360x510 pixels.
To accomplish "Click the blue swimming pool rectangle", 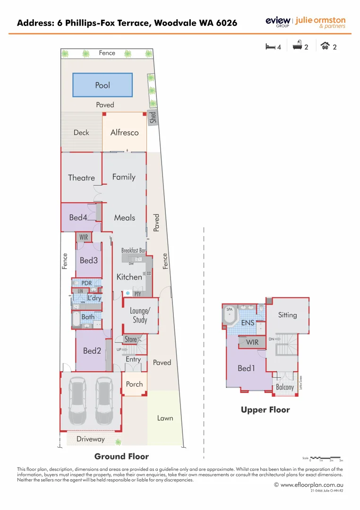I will [x=103, y=85].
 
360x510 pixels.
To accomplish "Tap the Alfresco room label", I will [x=125, y=133].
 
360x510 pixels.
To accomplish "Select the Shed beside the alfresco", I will [x=153, y=117].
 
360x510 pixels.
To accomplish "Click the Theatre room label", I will [x=81, y=178].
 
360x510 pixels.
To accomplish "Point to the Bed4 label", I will [x=78, y=218].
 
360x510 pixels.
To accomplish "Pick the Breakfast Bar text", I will [x=133, y=250].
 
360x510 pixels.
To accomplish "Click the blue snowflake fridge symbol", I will [x=127, y=294].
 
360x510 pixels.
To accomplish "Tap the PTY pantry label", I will [x=137, y=294].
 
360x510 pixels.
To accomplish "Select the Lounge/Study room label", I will [x=139, y=315].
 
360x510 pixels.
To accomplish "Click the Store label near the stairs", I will [x=130, y=339].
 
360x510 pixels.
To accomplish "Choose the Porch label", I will [x=134, y=384].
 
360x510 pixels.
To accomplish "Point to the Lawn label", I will [x=165, y=418].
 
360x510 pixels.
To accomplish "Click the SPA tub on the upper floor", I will [x=230, y=316].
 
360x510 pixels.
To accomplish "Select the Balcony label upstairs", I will [x=285, y=387].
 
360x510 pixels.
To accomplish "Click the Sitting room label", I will [x=287, y=315].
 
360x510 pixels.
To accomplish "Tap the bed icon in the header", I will [x=270, y=46].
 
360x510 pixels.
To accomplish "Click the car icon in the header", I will [x=325, y=46].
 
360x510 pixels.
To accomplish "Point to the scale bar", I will [x=326, y=458].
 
